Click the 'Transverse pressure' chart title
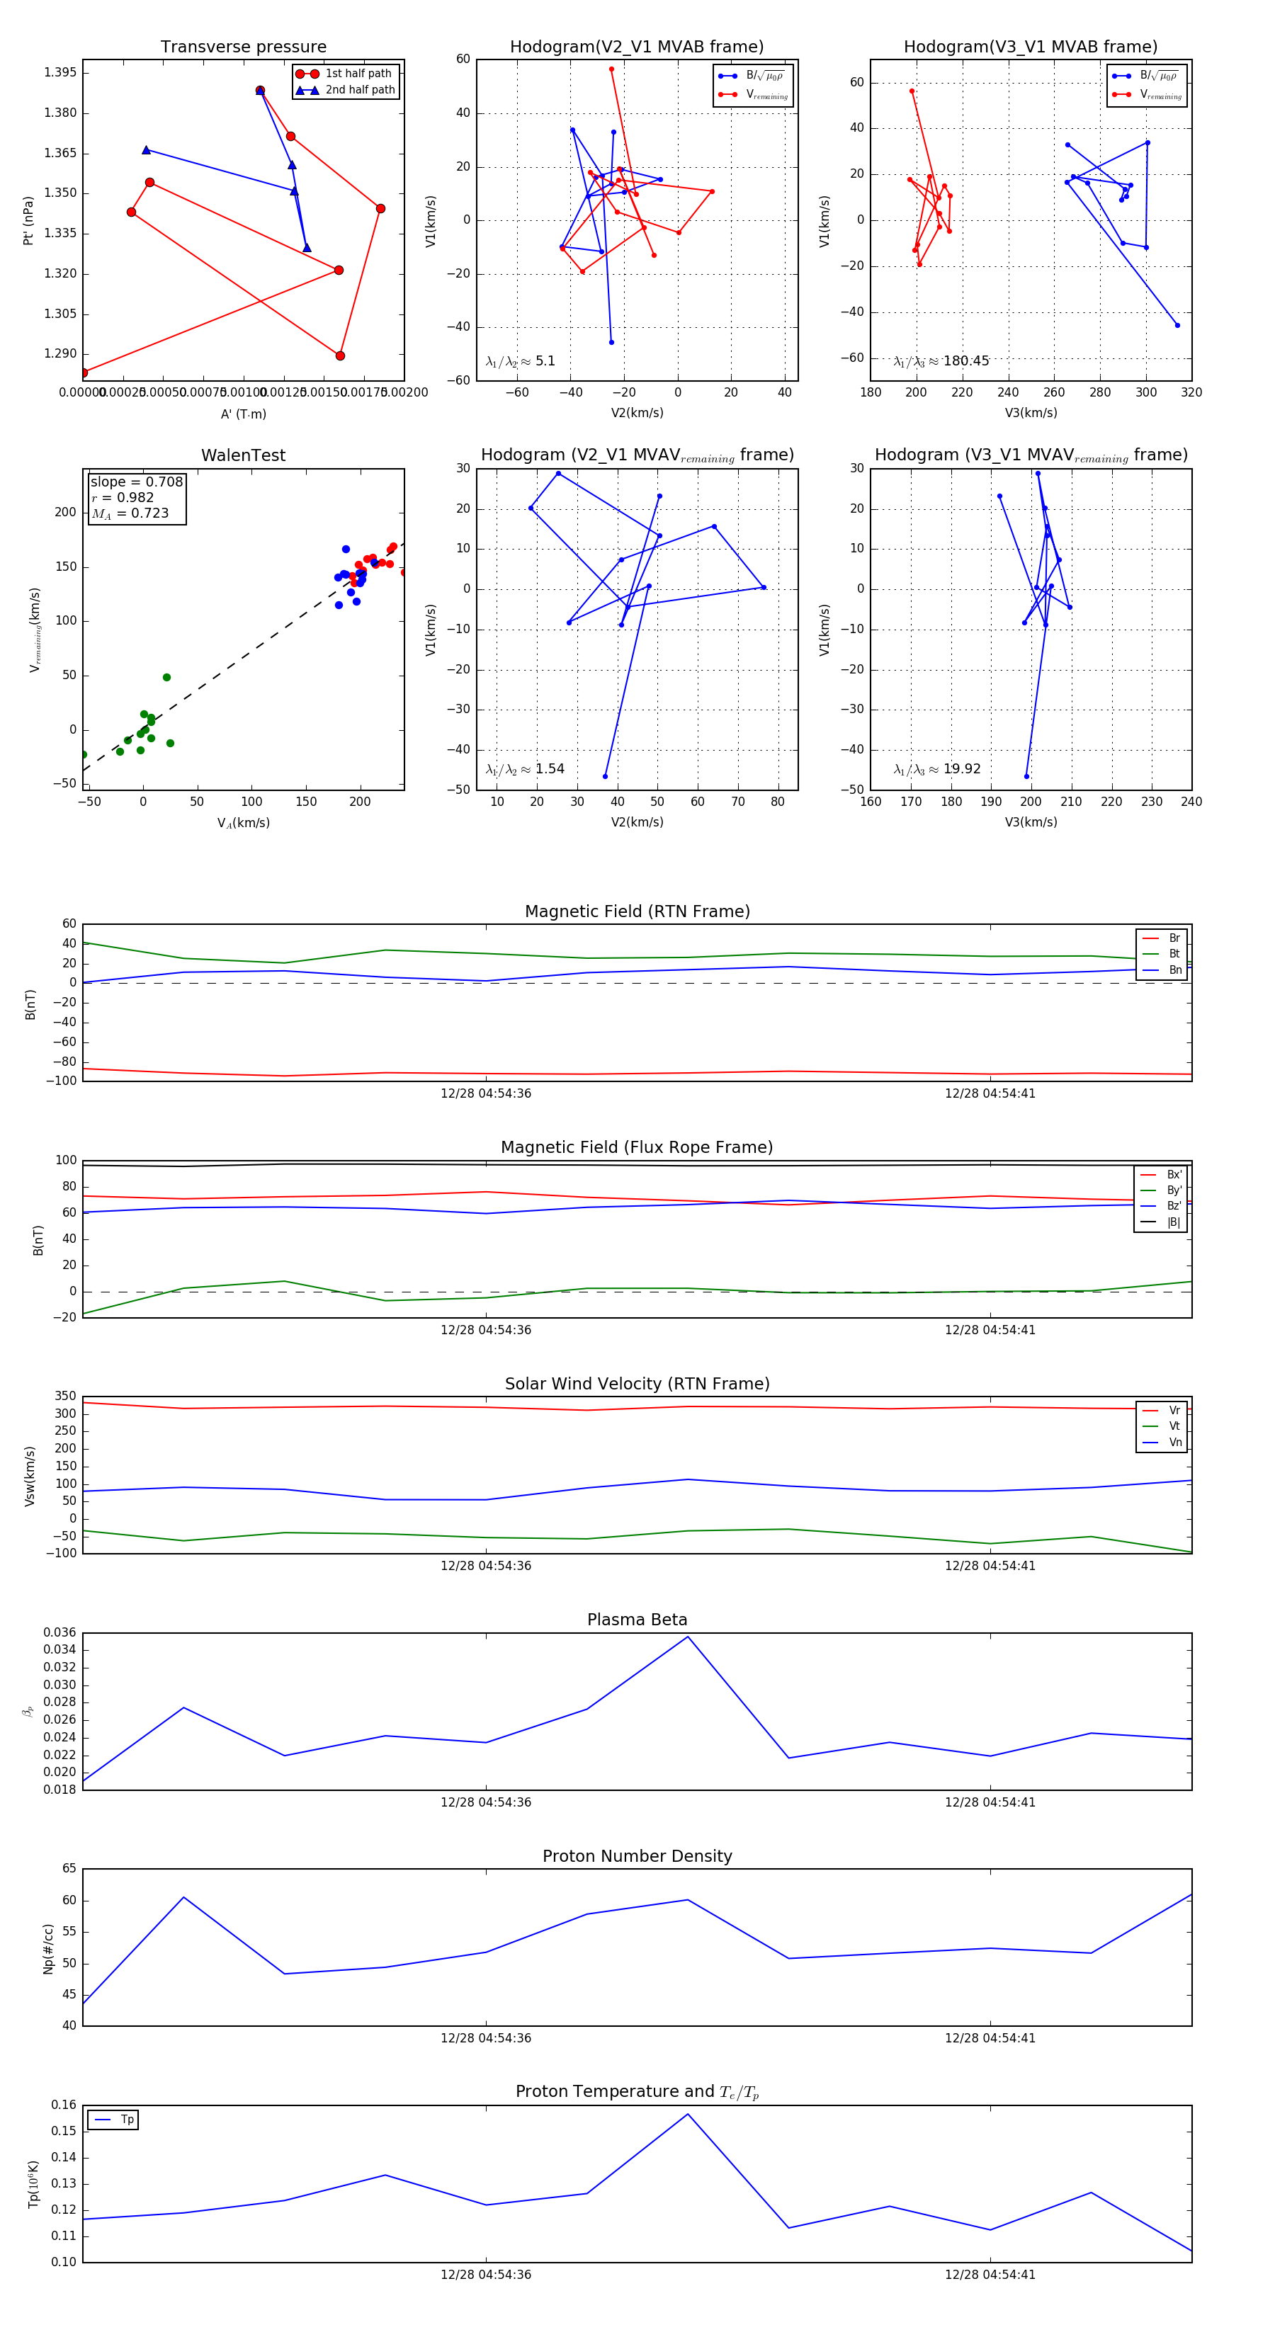pos(243,47)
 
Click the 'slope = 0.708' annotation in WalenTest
pos(136,482)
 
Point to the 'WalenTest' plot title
pos(243,455)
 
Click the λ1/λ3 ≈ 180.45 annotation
pos(941,361)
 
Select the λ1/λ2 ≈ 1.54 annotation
pos(524,769)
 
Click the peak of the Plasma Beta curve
pos(688,1637)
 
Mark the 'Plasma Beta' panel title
pos(637,1620)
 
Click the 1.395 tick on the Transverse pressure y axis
pos(60,72)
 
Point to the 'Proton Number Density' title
pos(637,1856)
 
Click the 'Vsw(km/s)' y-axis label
pos(30,1476)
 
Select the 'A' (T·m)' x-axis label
pos(243,414)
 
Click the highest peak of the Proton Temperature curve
pos(688,2115)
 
